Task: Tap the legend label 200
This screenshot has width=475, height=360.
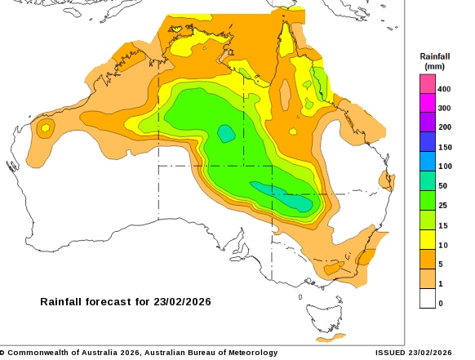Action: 444,127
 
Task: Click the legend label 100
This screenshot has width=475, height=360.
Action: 444,167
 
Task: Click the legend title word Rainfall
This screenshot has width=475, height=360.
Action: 433,56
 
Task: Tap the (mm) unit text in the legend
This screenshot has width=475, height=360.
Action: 433,65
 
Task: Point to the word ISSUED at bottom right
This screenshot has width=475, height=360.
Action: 390,353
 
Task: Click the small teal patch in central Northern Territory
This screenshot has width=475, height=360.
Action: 226,132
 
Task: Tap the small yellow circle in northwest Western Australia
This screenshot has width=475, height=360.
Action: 45,127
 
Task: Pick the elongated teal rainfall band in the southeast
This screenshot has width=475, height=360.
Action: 282,196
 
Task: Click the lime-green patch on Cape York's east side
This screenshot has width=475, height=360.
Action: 321,80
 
